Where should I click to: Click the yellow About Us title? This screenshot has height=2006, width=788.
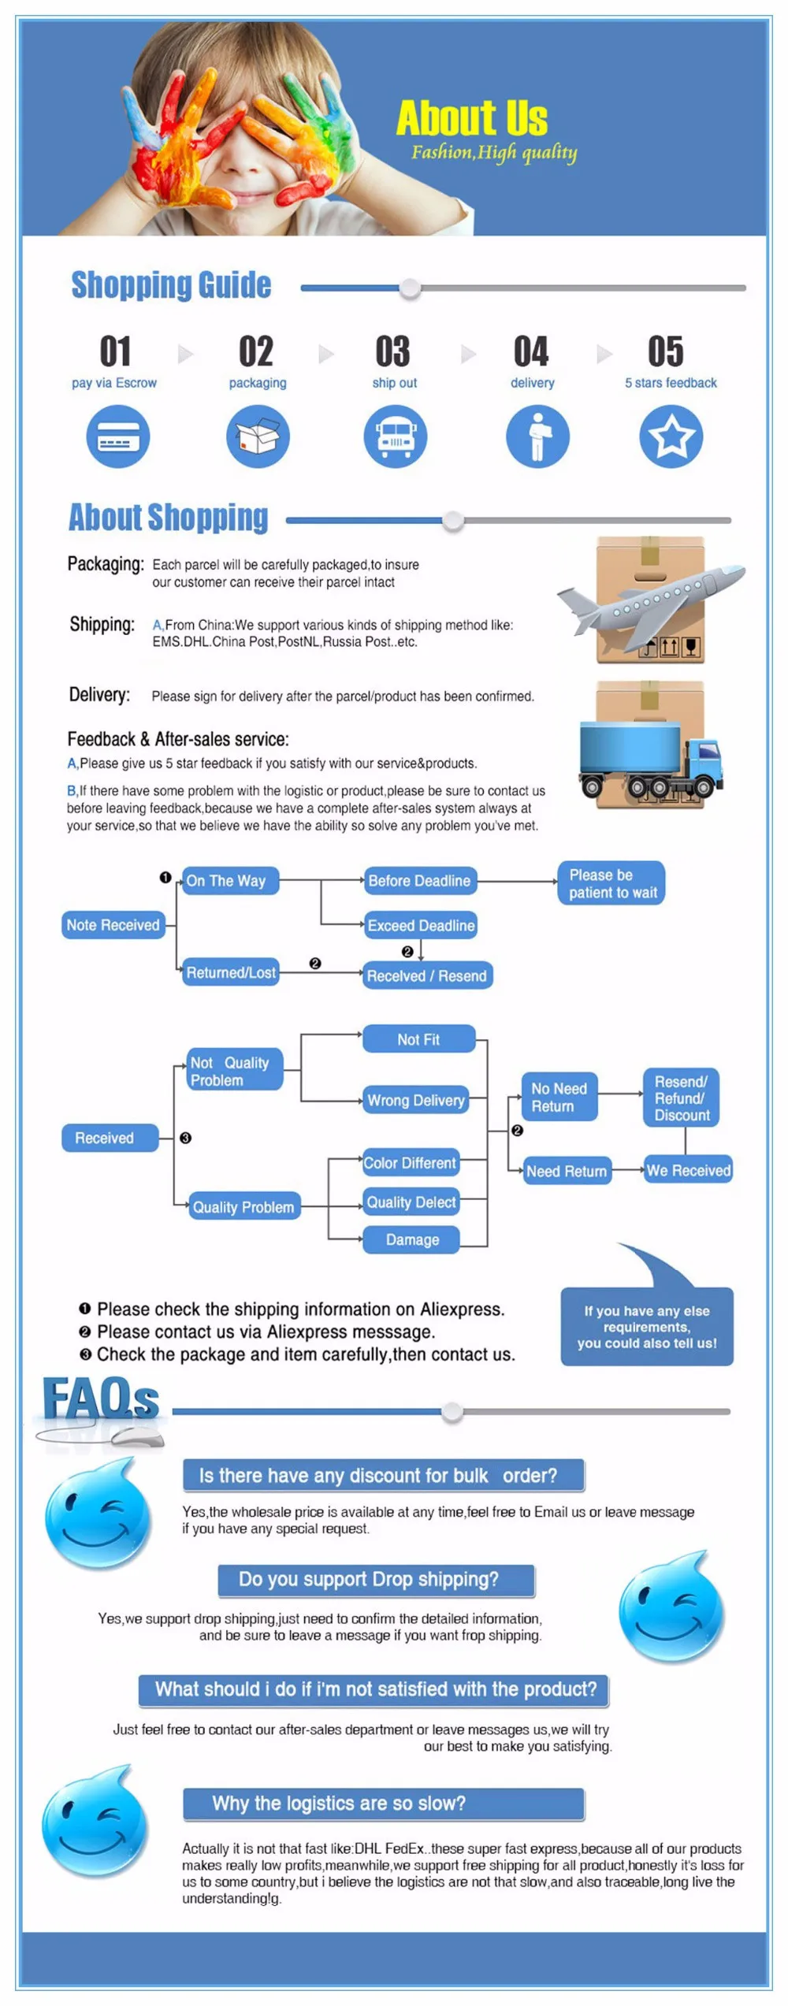click(472, 118)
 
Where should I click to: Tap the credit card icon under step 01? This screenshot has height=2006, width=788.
click(118, 436)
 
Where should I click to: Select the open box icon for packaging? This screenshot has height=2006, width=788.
click(258, 436)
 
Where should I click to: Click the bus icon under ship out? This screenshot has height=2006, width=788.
click(396, 436)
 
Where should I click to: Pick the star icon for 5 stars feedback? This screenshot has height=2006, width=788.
click(671, 436)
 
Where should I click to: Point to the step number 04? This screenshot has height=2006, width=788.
click(531, 351)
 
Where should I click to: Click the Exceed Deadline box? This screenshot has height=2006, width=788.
click(421, 925)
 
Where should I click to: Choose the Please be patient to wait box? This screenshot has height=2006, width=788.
click(612, 883)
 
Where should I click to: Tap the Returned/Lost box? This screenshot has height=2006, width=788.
click(230, 973)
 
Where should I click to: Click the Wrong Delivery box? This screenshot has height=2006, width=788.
click(416, 1101)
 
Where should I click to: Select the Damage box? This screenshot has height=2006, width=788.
click(412, 1240)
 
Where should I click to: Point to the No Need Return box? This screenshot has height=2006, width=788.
click(559, 1097)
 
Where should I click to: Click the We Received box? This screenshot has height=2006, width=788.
click(689, 1171)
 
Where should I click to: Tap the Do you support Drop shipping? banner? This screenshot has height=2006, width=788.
click(377, 1580)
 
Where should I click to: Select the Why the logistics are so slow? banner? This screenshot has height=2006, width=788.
click(384, 1804)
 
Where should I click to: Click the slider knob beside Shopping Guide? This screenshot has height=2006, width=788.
click(410, 288)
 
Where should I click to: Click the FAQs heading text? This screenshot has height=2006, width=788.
click(101, 1399)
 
